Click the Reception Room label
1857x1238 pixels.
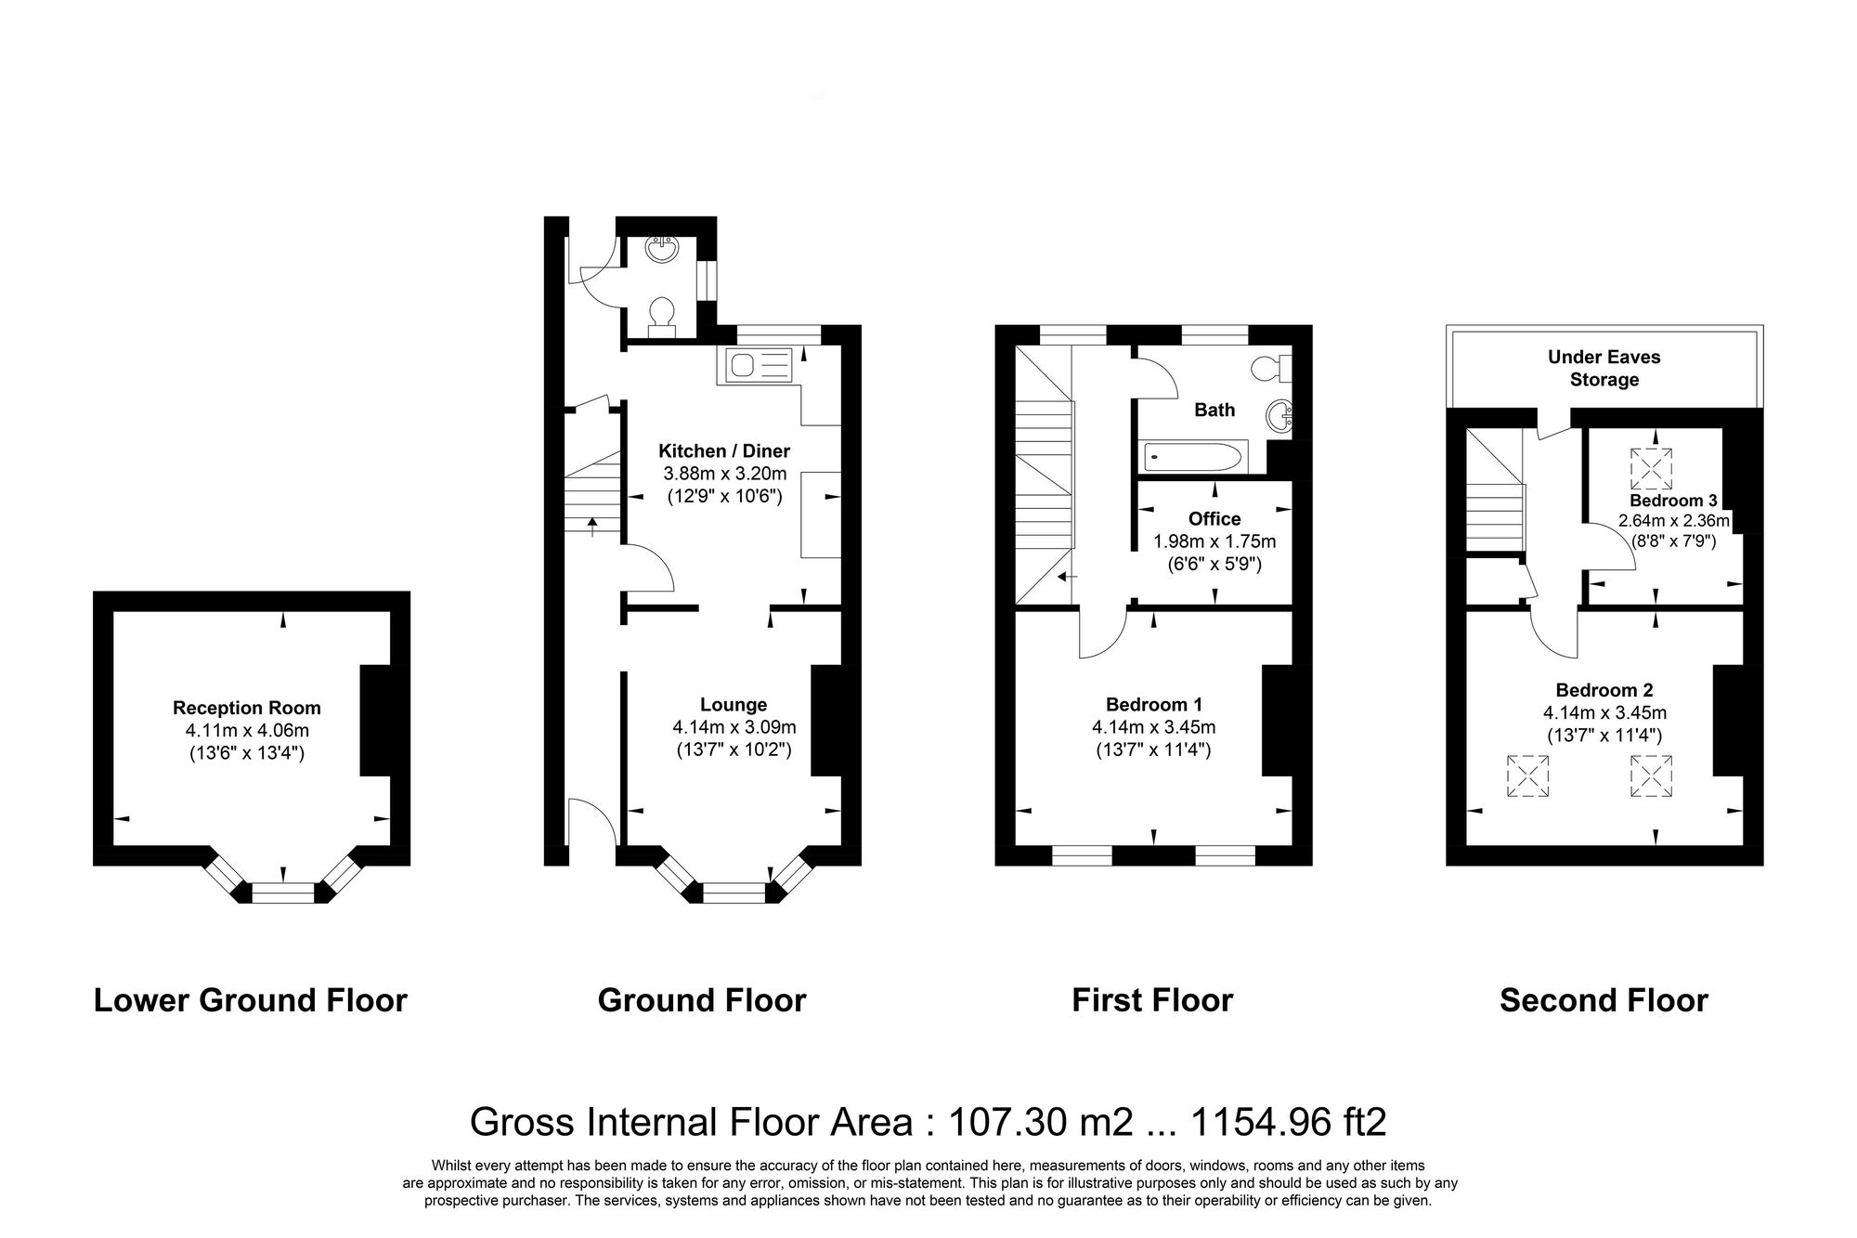tap(246, 708)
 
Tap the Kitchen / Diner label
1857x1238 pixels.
tap(723, 451)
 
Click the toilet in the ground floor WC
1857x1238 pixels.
tap(661, 314)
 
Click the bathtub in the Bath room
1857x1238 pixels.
tap(1192, 456)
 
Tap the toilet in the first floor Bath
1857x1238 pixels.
tap(1267, 368)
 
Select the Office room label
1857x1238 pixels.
tap(1214, 518)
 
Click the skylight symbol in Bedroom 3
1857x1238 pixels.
tap(1651, 468)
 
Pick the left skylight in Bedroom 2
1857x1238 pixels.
tap(1527, 775)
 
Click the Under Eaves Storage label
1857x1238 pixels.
tap(1604, 368)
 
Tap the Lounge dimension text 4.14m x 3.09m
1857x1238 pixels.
tap(734, 727)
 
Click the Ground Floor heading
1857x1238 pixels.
tap(701, 1000)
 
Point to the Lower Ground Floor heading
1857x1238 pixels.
tap(250, 1000)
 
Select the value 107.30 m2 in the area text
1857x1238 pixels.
tap(1040, 1122)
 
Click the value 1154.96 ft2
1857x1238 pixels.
tap(1288, 1122)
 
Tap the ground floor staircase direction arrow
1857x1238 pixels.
tap(593, 527)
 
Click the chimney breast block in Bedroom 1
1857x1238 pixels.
tap(1277, 720)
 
